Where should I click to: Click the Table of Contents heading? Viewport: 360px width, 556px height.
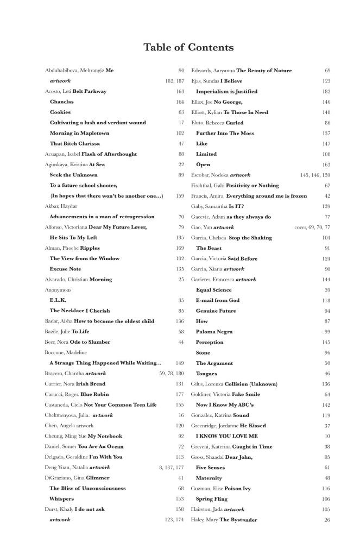(188, 48)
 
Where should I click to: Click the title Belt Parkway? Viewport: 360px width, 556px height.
(90, 91)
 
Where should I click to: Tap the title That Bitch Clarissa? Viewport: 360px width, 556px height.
(74, 143)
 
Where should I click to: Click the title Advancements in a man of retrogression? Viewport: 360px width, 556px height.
(102, 217)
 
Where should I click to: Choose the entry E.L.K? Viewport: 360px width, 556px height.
(58, 300)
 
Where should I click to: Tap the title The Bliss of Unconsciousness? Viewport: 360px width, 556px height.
(87, 488)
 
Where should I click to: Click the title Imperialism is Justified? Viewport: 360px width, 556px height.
(226, 91)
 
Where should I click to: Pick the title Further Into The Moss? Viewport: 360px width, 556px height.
(225, 133)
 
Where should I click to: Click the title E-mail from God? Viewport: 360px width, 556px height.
(217, 300)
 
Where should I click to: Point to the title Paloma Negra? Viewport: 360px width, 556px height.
(214, 332)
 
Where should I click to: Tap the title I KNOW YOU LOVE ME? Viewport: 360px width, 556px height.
(226, 436)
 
